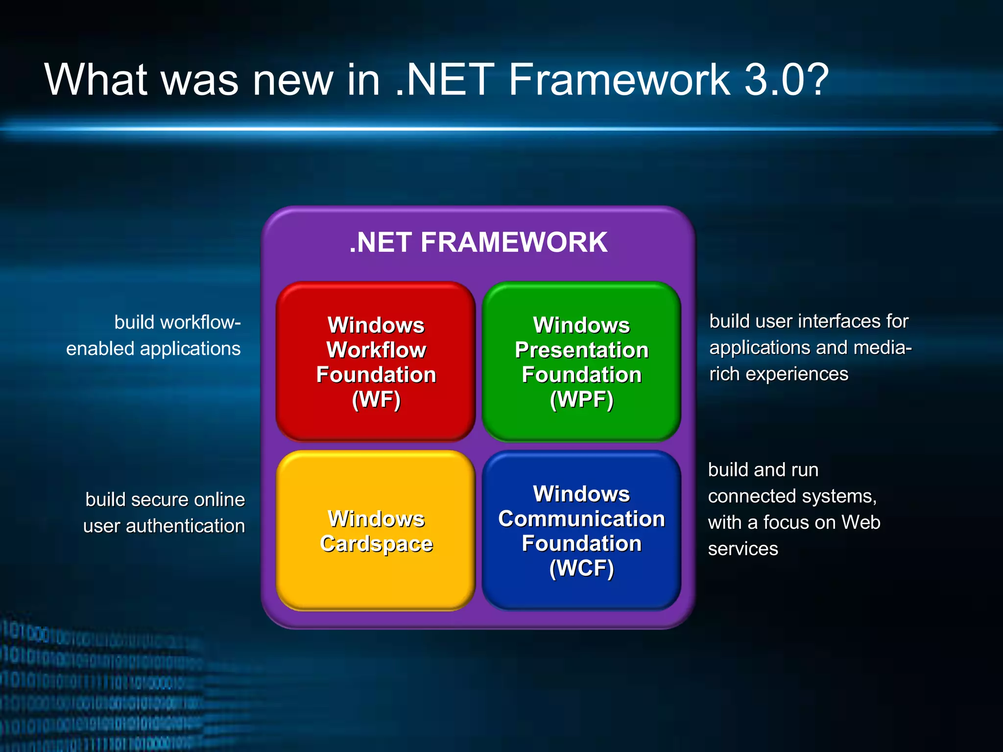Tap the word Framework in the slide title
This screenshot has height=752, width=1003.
point(619,80)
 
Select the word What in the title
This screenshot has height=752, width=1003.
point(96,80)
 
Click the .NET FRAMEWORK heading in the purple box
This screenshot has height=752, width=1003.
point(478,242)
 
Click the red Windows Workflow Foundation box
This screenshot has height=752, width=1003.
point(376,361)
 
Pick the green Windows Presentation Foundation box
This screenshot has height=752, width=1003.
point(581,361)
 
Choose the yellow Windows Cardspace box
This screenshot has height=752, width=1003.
point(376,531)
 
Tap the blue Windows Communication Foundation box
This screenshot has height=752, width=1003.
point(581,531)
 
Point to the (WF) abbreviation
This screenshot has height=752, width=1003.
point(376,399)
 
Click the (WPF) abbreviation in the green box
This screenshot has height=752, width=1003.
point(581,399)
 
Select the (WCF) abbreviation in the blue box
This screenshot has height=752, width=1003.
point(581,568)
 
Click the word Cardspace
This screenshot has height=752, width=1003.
point(376,544)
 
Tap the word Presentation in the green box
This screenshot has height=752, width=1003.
point(581,350)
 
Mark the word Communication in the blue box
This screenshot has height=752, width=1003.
point(581,519)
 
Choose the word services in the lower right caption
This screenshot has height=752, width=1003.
point(742,549)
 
